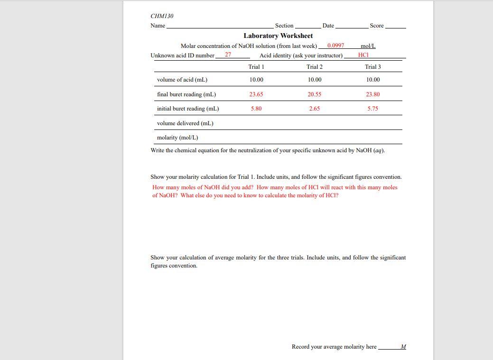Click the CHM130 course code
(162, 16)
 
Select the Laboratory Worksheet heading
(278, 36)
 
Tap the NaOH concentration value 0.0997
(335, 46)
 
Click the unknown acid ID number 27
(228, 55)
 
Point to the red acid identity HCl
(363, 55)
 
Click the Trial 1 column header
(256, 67)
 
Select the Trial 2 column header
(314, 67)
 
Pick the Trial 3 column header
(372, 67)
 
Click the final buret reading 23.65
(256, 94)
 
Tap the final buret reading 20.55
(314, 94)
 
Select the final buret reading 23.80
(372, 94)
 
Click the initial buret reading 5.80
(256, 109)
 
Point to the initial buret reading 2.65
(314, 109)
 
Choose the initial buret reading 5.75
(372, 109)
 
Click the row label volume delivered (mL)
(185, 123)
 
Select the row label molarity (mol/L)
(177, 138)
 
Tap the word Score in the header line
(376, 26)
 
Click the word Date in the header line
(328, 26)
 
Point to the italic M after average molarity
(403, 347)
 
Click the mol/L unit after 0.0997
(368, 46)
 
